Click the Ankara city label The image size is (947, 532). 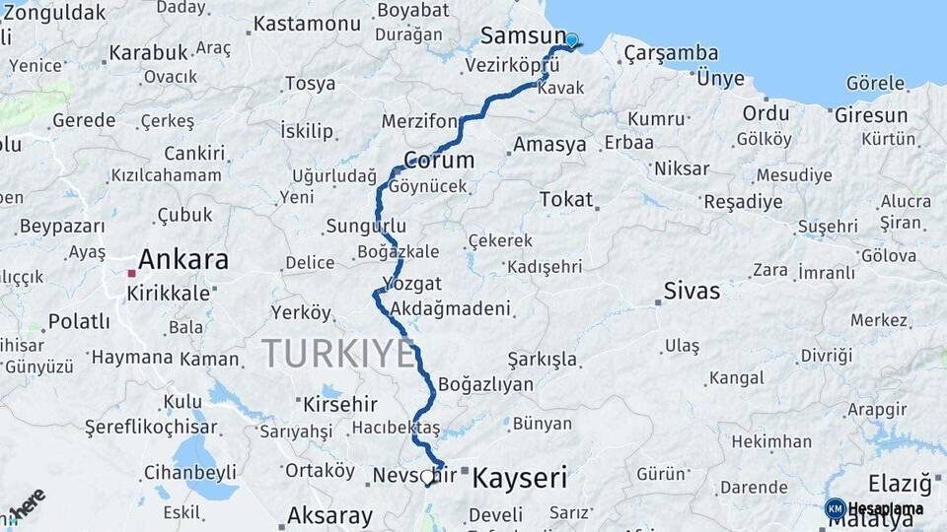183,260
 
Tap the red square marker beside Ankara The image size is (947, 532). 131,273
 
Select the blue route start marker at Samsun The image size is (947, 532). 571,40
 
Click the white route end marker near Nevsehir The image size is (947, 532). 426,477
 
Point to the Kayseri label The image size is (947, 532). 520,479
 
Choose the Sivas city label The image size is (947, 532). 692,291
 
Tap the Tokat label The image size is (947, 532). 566,199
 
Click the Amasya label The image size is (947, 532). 549,145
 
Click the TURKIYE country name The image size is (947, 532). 338,353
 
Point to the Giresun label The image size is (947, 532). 871,115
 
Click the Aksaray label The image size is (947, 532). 329,515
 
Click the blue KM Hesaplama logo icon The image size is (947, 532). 835,508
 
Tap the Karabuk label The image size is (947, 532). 148,52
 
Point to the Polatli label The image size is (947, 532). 79,322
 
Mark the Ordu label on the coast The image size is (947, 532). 766,112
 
